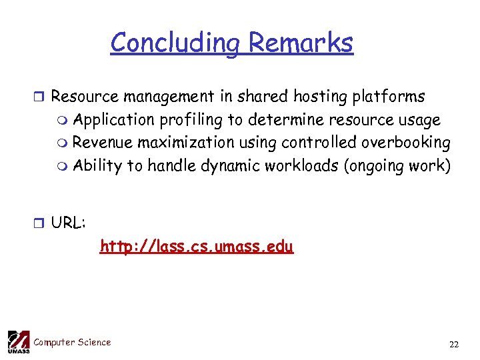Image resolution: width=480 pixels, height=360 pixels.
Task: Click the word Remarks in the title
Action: (x=300, y=43)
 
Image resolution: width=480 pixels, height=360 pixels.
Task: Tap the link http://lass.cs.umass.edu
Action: (x=196, y=247)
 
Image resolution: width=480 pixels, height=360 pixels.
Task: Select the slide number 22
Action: (x=454, y=345)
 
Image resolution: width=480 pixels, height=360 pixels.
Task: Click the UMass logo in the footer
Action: (x=18, y=341)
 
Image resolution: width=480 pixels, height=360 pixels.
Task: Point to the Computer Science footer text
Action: (x=72, y=343)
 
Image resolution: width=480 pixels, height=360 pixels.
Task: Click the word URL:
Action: (x=68, y=223)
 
